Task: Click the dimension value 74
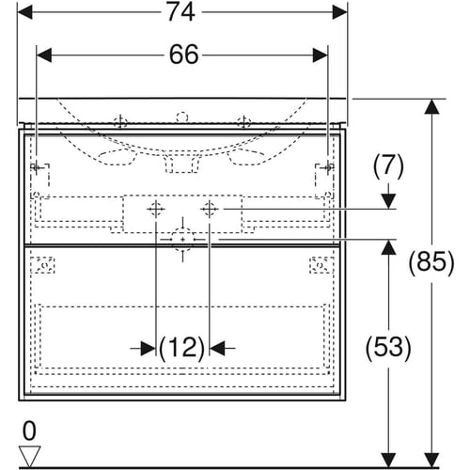point(181,12)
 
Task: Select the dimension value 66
point(184,55)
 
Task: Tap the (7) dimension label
point(388,165)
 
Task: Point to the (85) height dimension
point(431,261)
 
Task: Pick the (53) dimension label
point(388,347)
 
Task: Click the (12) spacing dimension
point(182,348)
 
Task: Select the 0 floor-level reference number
point(29,431)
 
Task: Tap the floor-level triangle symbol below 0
point(29,456)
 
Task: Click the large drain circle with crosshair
point(182,240)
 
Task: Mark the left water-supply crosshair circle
point(156,209)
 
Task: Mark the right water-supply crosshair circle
point(210,209)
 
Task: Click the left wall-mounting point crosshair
point(37,168)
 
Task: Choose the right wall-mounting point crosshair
point(328,168)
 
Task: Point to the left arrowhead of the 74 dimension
point(24,12)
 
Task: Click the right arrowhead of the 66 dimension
point(321,55)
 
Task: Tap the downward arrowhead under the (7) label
point(388,201)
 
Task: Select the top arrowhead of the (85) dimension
point(432,106)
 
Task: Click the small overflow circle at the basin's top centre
point(182,117)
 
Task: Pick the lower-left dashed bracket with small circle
point(43,265)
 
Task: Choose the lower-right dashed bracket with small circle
point(321,265)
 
